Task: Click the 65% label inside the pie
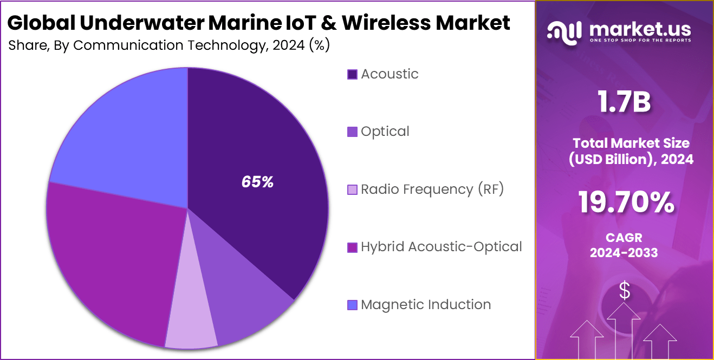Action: point(257,182)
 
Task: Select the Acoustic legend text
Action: point(390,74)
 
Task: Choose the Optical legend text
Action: point(385,132)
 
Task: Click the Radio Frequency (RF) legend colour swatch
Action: point(352,190)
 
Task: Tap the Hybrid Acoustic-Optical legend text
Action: point(442,247)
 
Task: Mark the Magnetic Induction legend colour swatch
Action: point(352,305)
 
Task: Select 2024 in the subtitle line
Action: point(289,45)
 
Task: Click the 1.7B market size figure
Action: point(624,102)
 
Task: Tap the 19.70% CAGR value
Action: point(626,203)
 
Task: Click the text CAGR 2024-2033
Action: point(624,245)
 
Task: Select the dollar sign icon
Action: point(625,291)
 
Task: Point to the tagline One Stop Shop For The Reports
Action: point(640,41)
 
